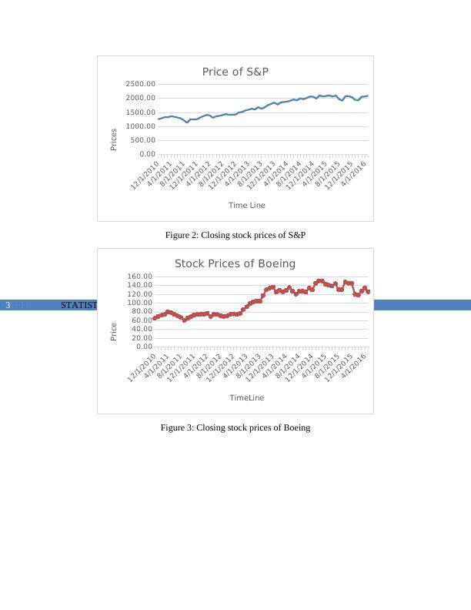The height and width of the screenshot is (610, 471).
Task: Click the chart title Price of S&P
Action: (235, 72)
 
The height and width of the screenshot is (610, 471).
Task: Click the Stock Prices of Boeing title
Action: (235, 263)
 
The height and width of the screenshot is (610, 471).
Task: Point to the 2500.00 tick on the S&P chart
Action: (140, 84)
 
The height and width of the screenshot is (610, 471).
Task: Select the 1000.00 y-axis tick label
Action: (140, 126)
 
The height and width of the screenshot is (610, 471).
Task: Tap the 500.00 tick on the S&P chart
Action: (142, 140)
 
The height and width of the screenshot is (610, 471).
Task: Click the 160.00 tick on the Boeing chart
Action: (138, 277)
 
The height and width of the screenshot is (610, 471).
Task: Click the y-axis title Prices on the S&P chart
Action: (114, 139)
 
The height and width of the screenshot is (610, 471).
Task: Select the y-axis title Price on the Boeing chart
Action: (114, 332)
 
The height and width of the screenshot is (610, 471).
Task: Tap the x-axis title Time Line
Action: (246, 205)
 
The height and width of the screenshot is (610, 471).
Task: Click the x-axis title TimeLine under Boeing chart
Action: (246, 397)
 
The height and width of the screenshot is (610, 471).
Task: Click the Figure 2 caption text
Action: (235, 235)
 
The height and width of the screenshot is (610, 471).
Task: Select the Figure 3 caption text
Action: (235, 427)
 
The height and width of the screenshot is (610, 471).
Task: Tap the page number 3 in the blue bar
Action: (8, 306)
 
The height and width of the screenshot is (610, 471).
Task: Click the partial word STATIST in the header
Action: (78, 306)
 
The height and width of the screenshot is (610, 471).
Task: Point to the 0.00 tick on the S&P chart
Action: (145, 154)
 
